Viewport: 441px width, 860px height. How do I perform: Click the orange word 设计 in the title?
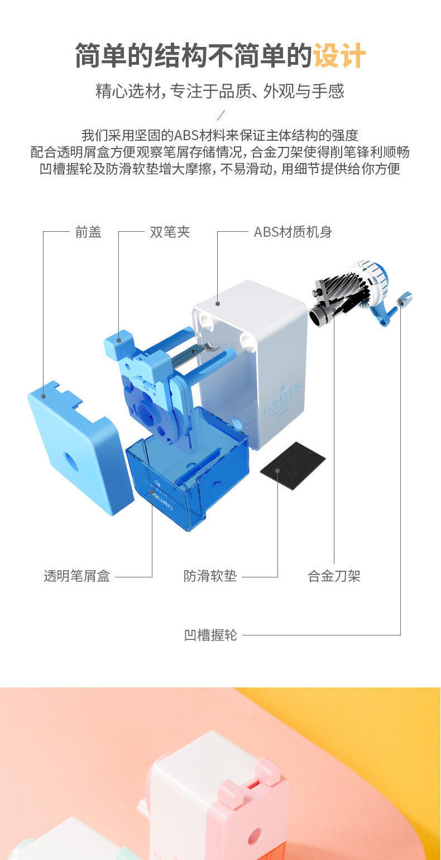(339, 56)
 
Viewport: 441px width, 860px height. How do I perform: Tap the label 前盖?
(88, 232)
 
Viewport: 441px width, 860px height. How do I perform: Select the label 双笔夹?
(170, 232)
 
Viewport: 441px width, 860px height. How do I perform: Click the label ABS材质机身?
(293, 232)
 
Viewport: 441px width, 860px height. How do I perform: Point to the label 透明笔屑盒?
(77, 576)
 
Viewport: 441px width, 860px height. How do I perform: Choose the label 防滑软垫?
(210, 576)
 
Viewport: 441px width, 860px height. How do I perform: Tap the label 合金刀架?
(334, 576)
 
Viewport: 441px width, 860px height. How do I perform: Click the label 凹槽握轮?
(210, 635)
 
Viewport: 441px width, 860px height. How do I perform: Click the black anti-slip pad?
(293, 465)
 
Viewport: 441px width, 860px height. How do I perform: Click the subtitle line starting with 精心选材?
(220, 91)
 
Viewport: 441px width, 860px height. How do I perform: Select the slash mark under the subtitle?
(220, 116)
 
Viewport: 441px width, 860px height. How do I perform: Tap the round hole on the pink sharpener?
(254, 836)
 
